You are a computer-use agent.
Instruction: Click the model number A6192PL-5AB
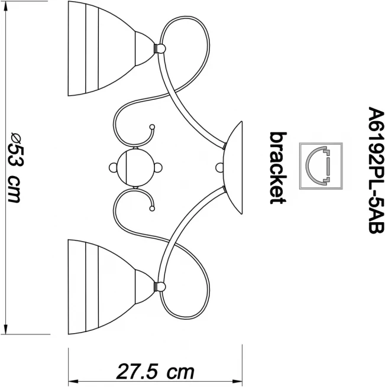[376, 170]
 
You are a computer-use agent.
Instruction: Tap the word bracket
[278, 168]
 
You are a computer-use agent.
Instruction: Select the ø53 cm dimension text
[14, 168]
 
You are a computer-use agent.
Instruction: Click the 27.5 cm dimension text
[155, 371]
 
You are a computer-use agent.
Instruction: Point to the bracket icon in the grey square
[321, 166]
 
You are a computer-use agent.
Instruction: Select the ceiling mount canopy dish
[232, 168]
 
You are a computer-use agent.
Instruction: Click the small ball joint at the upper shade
[161, 48]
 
